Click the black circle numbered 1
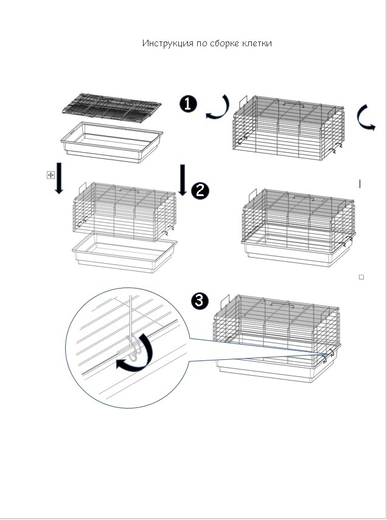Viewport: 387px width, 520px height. (188, 104)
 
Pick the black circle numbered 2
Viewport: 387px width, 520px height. (200, 191)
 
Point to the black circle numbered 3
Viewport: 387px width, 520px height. (200, 301)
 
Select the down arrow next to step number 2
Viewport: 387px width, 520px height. (183, 180)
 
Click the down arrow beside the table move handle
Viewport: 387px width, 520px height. (59, 178)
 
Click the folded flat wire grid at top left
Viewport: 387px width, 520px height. (112, 108)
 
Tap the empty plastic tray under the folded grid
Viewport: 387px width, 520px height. (112, 142)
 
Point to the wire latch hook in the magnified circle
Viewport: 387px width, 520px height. (133, 348)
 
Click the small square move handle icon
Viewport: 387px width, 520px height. (51, 175)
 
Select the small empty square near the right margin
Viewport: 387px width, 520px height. (361, 277)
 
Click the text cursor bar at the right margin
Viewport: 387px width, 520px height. (360, 184)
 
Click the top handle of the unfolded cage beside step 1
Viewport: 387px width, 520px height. (294, 105)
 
